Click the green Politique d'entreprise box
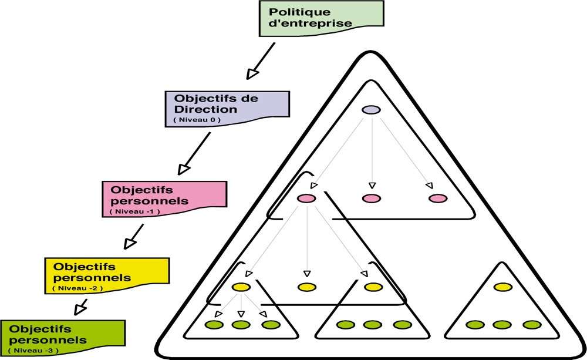321,18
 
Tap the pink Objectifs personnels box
164,196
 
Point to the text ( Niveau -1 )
134,210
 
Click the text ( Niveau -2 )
77,288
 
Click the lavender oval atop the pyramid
370,110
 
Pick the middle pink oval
370,198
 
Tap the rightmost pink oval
438,198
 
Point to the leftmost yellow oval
241,287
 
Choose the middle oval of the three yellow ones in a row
306,287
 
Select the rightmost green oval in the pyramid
531,324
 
